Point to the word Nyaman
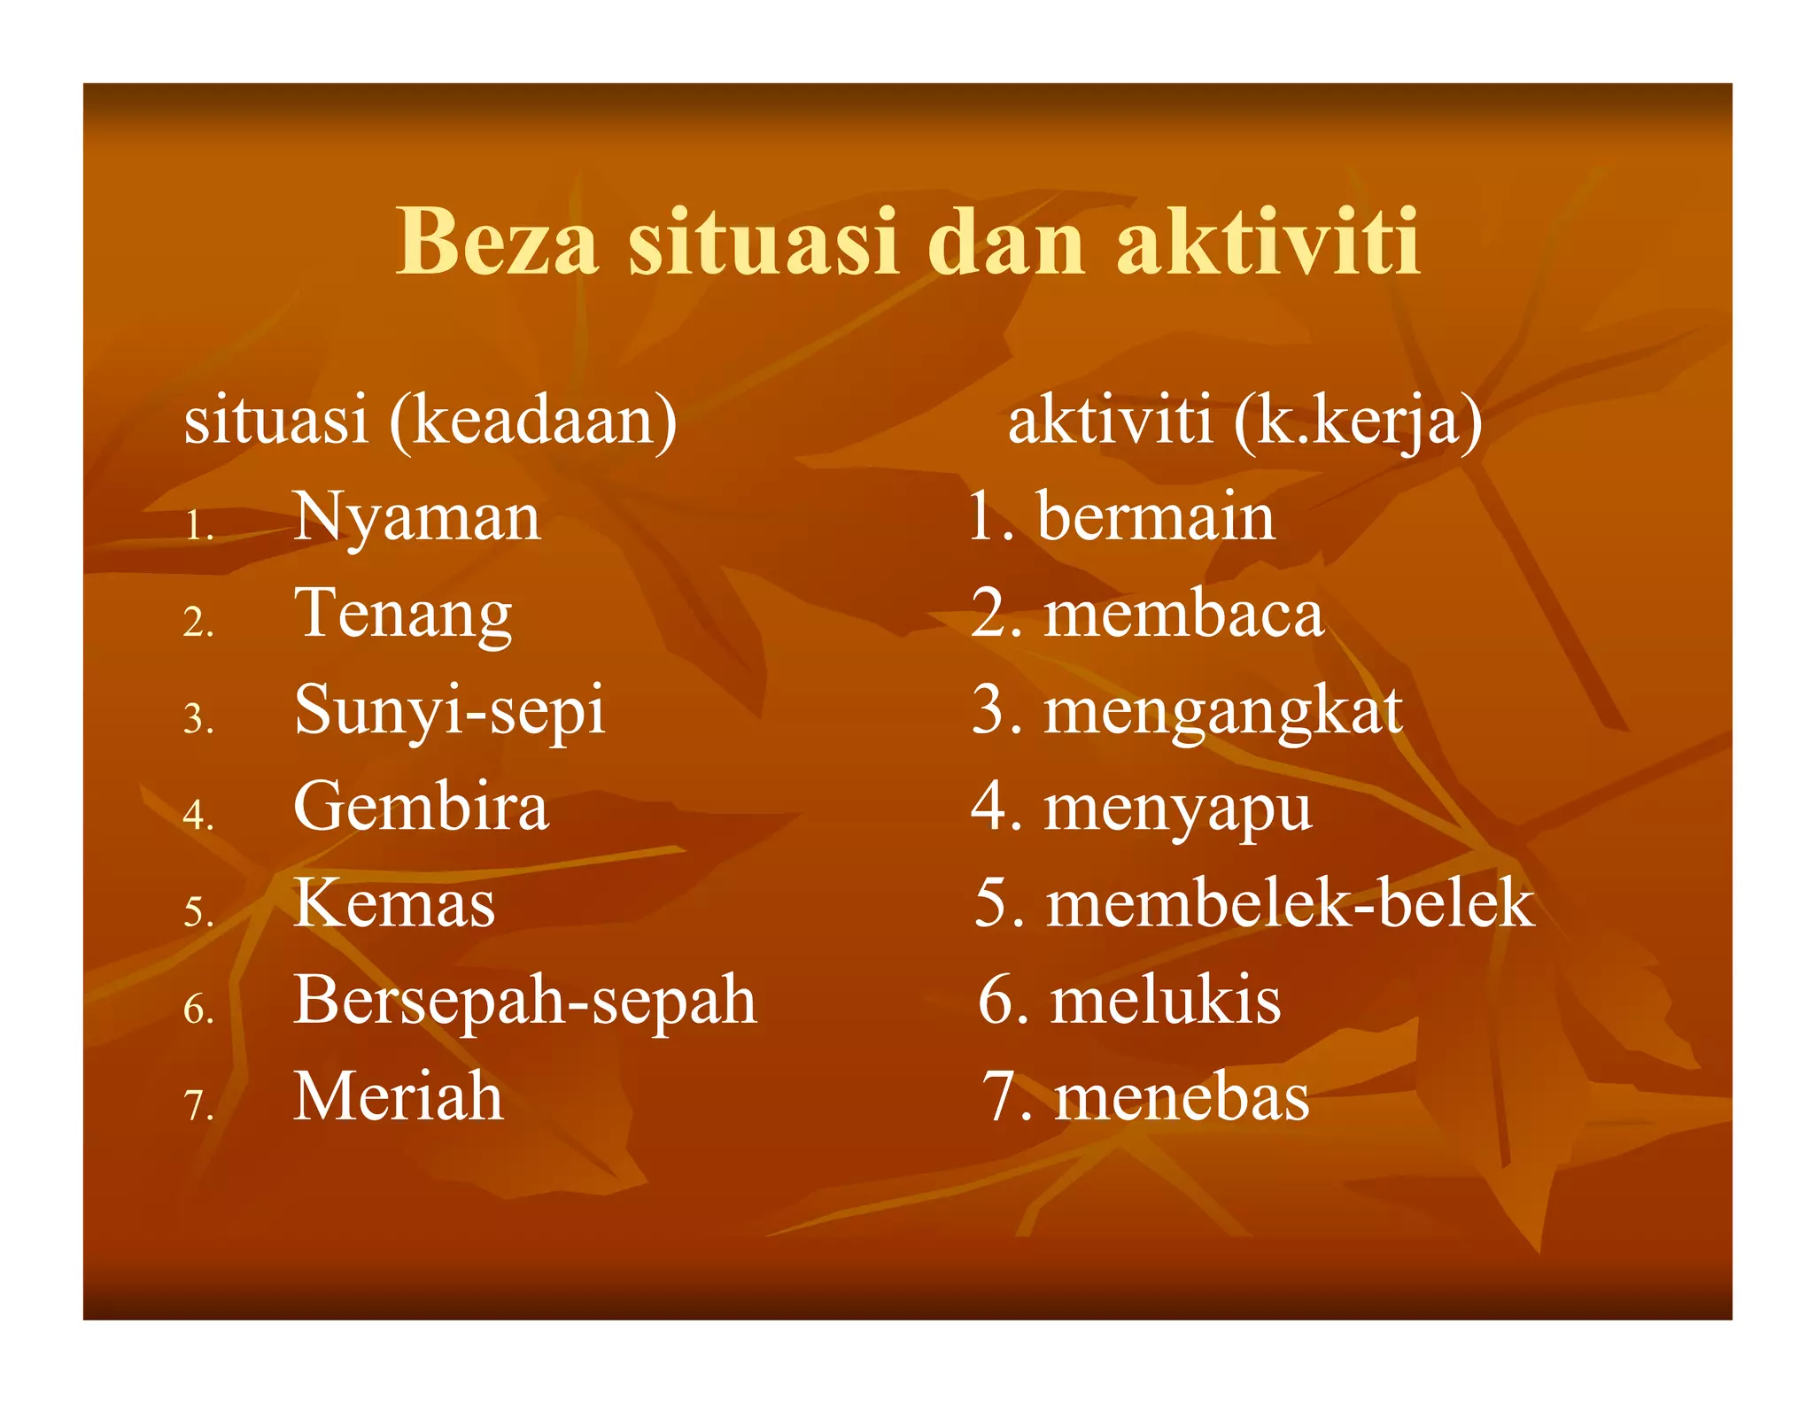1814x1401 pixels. tap(416, 518)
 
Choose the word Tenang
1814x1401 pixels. tap(403, 615)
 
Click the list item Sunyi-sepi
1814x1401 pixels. tap(450, 711)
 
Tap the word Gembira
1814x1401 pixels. tap(421, 807)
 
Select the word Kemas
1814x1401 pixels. tap(394, 904)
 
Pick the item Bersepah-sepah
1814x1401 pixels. tap(525, 1001)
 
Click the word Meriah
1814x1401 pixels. tap(399, 1097)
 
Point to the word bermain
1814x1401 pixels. tap(1155, 517)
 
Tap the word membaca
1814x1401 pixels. tap(1183, 614)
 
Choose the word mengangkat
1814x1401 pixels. tap(1223, 711)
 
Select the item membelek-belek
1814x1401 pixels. tap(1290, 904)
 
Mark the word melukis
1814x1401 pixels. tap(1166, 1001)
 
